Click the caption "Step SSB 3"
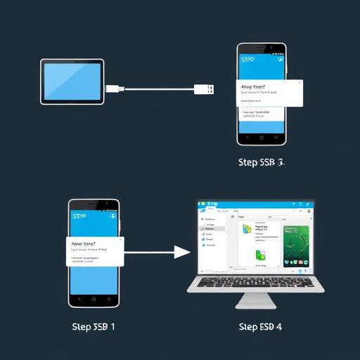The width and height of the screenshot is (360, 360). point(261,162)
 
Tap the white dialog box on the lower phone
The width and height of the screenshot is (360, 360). point(96,251)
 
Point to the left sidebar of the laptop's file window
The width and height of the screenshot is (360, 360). point(210,239)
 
